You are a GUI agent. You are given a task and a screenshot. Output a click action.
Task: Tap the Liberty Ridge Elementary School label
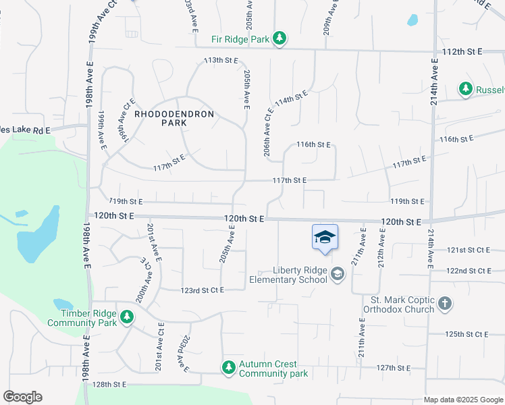(288, 275)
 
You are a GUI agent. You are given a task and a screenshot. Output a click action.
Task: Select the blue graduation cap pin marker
(325, 238)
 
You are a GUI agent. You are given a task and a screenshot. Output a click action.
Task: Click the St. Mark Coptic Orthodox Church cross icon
(444, 304)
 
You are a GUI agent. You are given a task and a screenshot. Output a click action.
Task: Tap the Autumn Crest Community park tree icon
(230, 368)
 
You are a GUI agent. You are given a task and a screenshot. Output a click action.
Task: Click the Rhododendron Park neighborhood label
(174, 118)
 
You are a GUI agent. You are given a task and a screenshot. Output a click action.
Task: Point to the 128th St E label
(111, 384)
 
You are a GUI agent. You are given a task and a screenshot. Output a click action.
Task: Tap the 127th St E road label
(394, 368)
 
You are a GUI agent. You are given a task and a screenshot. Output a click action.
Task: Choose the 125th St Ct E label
(467, 334)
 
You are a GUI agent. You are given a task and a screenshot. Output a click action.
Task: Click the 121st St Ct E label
(469, 250)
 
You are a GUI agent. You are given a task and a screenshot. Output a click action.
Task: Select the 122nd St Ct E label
(469, 271)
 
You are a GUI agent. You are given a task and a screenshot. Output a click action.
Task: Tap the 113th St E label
(222, 60)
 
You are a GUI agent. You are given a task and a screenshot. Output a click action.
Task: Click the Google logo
(22, 397)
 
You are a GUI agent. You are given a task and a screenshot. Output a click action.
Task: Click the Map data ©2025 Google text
(462, 400)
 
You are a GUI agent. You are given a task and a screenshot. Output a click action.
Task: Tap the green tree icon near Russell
(465, 88)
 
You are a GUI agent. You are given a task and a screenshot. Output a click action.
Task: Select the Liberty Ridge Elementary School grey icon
(338, 273)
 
